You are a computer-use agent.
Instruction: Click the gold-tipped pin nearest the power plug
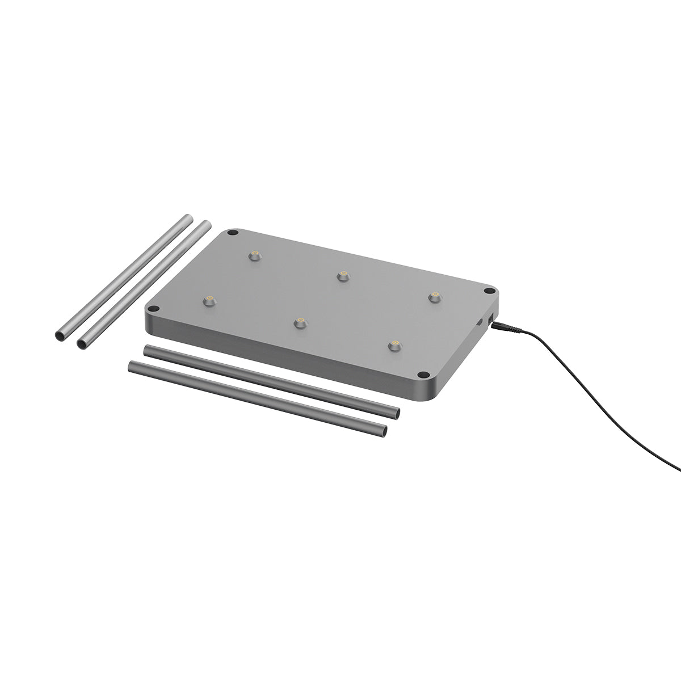point(435,297)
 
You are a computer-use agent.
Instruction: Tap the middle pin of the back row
point(342,276)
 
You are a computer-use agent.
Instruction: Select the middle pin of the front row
point(300,323)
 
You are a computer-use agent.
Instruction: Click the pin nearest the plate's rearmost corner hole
point(255,255)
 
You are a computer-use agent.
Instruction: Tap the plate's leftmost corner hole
point(153,309)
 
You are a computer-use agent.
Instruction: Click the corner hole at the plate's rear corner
point(232,233)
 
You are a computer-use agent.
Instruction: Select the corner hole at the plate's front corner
point(423,375)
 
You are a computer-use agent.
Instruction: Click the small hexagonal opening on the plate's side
point(479,322)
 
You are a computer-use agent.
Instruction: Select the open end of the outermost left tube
point(60,337)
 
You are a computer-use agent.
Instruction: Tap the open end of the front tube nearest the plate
point(396,413)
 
